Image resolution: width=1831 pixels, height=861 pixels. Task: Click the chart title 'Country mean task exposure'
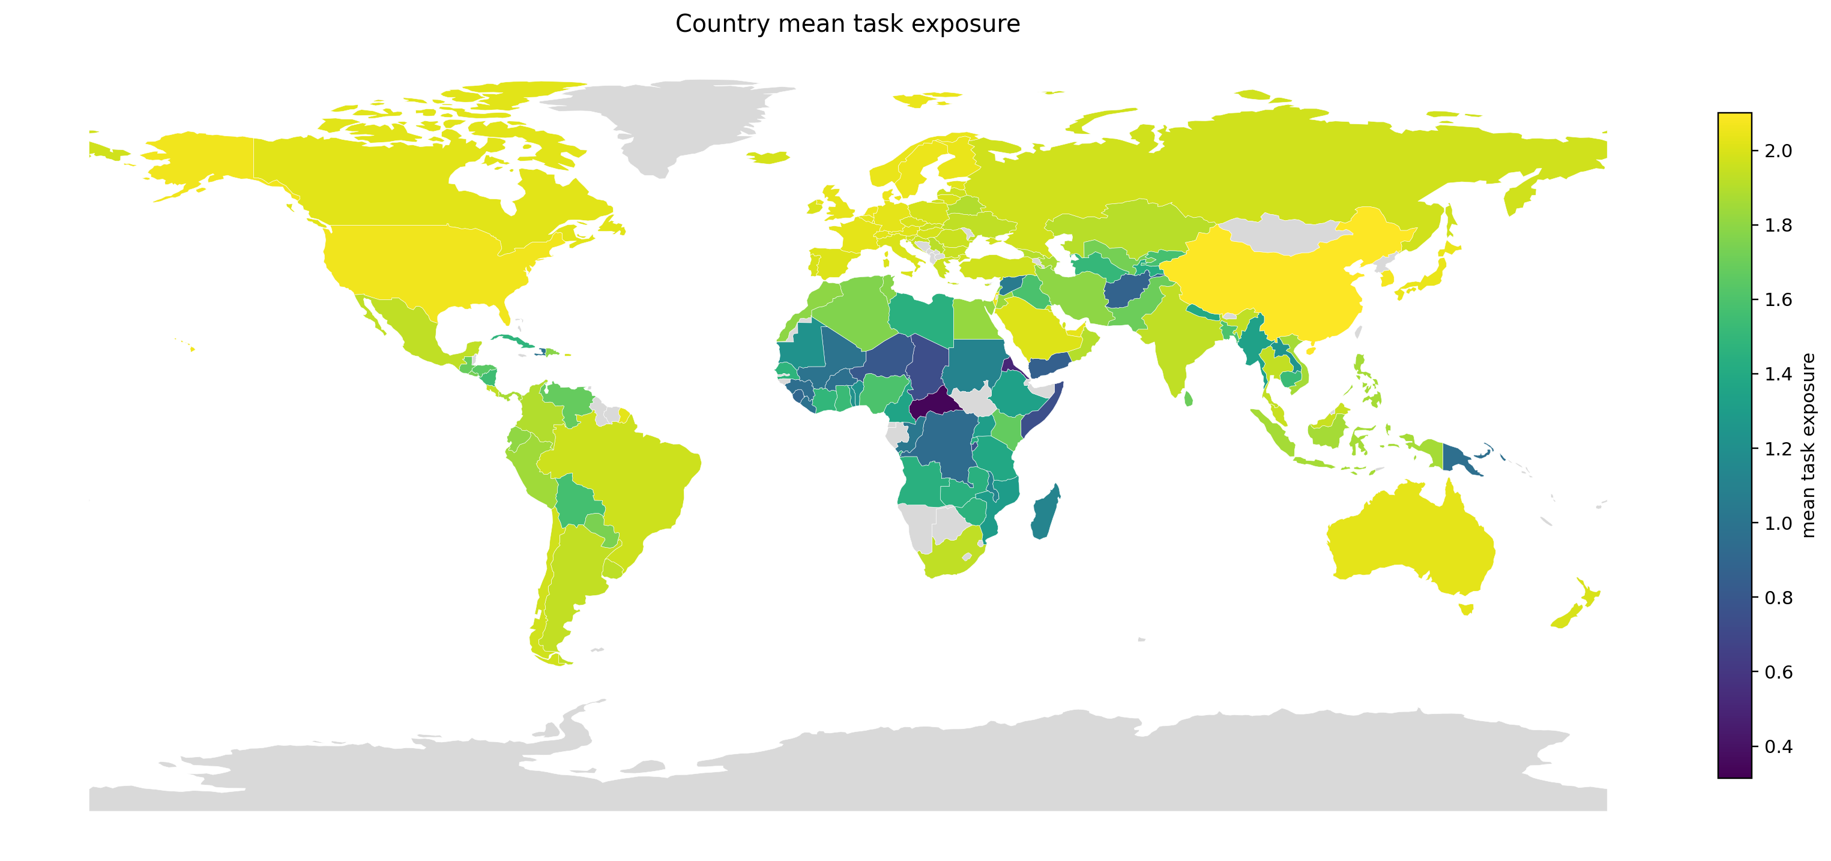coord(847,24)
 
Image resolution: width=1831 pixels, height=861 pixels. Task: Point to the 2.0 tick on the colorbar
coord(1778,151)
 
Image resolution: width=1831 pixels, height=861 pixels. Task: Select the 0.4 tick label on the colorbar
coord(1778,746)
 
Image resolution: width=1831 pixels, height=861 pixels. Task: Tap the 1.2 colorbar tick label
coord(1778,449)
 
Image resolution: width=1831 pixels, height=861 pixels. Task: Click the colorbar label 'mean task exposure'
coord(1809,445)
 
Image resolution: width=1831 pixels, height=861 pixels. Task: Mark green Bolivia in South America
coord(577,502)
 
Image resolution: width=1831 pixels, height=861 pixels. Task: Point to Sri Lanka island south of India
coord(1189,399)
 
